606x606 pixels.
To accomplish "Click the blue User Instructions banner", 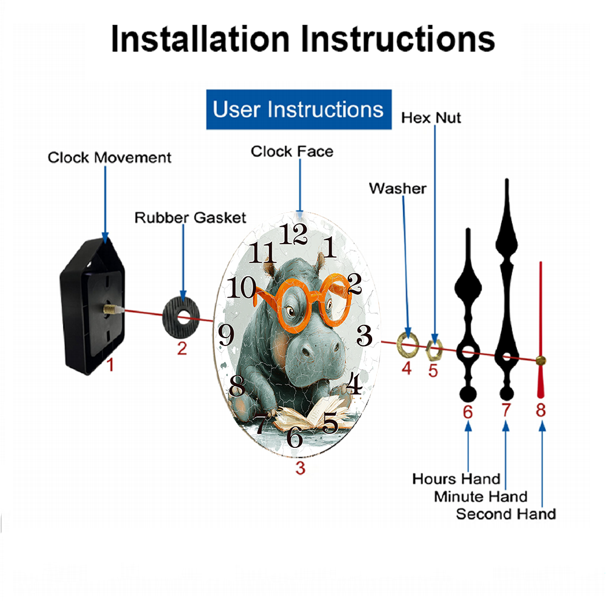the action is (x=299, y=109).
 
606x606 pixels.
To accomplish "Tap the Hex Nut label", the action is (x=431, y=118).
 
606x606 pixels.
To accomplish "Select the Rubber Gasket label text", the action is (x=190, y=218).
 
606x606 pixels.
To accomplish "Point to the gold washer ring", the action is (x=408, y=344).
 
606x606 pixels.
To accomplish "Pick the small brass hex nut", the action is (x=434, y=350).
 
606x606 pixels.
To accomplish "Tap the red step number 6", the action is (x=468, y=412).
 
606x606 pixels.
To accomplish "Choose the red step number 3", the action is (x=301, y=468).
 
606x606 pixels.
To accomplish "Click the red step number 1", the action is (x=110, y=364).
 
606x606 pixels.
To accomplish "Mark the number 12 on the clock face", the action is (x=293, y=234).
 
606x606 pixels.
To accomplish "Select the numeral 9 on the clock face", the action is (x=226, y=335).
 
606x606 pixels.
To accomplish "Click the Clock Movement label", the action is (x=109, y=158).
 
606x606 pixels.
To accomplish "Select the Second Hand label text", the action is (x=506, y=514).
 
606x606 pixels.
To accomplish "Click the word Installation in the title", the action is (x=200, y=39).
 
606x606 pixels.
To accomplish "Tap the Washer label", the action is (x=398, y=188).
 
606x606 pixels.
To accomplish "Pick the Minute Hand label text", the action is (x=481, y=497).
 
